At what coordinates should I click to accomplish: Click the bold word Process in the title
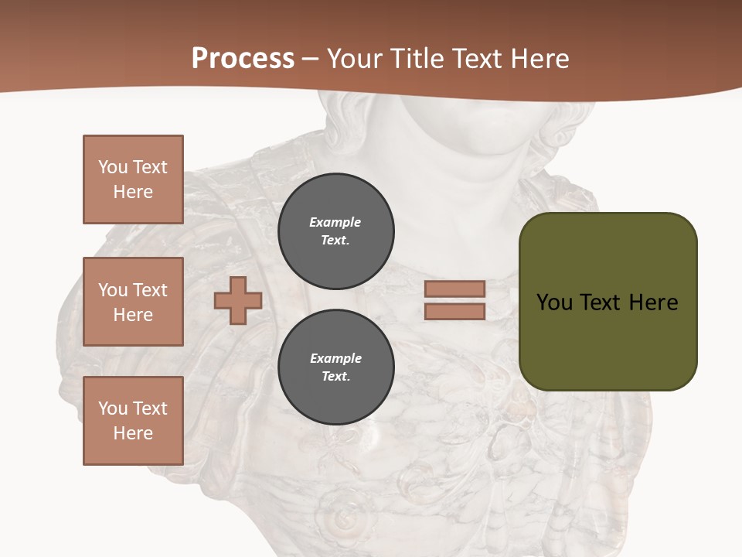pos(243,59)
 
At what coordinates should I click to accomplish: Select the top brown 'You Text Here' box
pos(133,179)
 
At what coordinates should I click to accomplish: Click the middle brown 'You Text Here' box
pos(133,302)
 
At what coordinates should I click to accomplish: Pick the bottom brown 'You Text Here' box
pos(133,421)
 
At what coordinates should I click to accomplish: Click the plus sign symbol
pos(238,300)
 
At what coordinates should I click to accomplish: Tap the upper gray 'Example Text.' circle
pos(336,231)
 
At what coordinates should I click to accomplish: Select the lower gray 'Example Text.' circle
pos(336,367)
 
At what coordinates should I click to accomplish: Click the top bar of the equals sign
pos(455,289)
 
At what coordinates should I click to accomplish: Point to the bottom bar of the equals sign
pos(455,312)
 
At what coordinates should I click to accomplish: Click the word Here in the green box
pos(653,302)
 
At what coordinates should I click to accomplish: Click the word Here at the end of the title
pos(540,59)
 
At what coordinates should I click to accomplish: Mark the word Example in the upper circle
pos(335,222)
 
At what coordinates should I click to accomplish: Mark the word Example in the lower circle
pos(335,358)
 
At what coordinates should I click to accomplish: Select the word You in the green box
pos(555,302)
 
